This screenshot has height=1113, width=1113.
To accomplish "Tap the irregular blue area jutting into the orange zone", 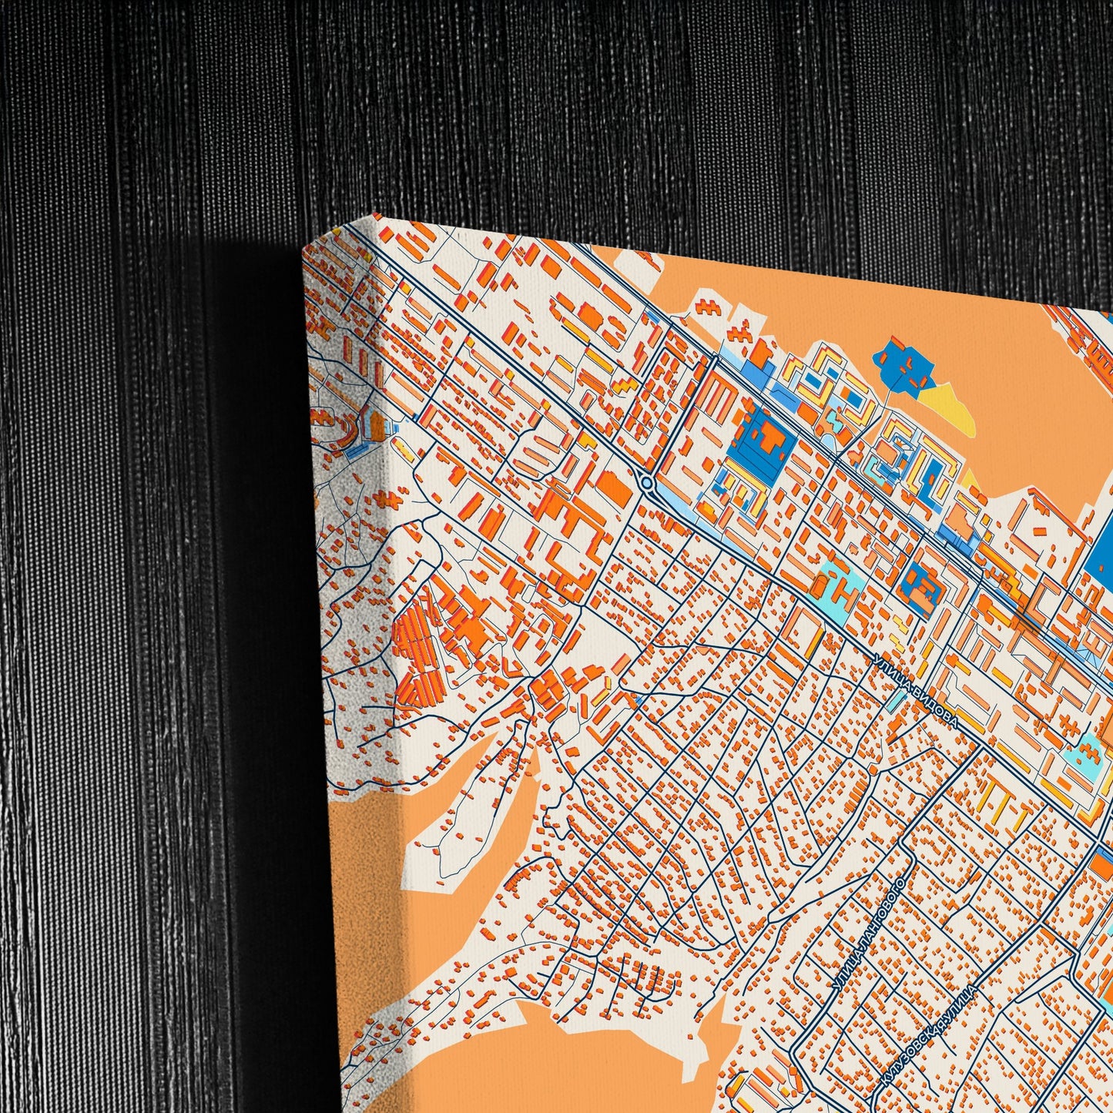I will click(x=904, y=366).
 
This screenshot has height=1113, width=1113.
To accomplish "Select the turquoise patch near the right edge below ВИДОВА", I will click(x=1088, y=747).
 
